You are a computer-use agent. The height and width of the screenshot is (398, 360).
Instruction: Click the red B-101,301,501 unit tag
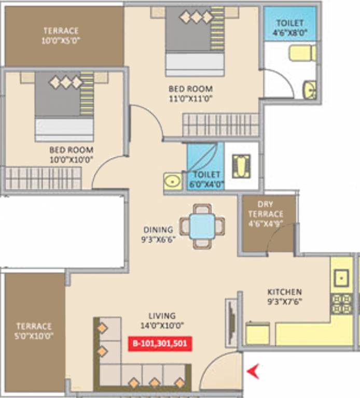coord(160,344)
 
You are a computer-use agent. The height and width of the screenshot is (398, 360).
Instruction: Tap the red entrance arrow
coord(253,372)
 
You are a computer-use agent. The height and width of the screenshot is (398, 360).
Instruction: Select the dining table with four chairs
coord(202,226)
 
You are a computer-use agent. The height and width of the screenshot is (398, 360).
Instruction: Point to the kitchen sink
coord(342,277)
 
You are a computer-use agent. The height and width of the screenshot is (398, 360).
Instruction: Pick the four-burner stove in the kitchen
coord(341,305)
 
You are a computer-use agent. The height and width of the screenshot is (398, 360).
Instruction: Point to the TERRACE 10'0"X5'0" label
coord(61,35)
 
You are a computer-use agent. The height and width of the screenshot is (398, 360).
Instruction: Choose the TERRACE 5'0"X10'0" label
coord(34,331)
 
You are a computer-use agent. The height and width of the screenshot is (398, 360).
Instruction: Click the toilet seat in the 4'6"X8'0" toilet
coord(302,53)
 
